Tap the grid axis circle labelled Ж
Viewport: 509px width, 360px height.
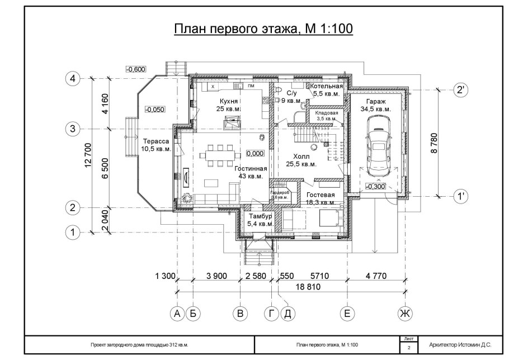[404, 314]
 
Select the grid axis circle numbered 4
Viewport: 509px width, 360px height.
[72, 79]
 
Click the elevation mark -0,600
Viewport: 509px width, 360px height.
[136, 69]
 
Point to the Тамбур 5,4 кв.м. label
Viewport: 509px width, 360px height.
[260, 220]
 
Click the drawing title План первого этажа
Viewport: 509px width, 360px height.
[263, 29]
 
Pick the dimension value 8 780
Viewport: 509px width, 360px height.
[432, 143]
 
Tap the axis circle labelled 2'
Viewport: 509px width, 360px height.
[460, 89]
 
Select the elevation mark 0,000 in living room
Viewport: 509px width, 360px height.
[254, 153]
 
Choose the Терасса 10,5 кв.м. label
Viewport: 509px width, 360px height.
[156, 145]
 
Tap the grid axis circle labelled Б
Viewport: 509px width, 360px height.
[193, 314]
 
